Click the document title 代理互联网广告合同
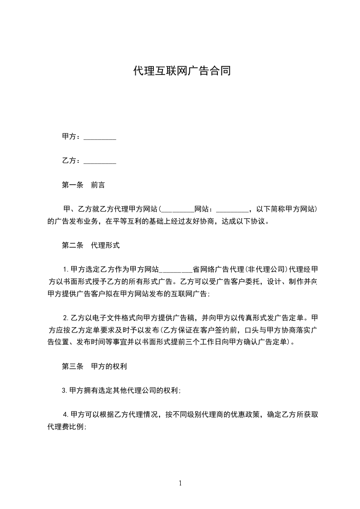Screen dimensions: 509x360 (x=182, y=71)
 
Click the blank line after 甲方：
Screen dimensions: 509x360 (x=100, y=137)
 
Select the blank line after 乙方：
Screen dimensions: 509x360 (x=100, y=161)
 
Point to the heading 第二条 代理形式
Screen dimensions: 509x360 (x=90, y=245)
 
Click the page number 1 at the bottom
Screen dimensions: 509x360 (x=180, y=483)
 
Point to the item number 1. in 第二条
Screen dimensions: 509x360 (x=66, y=269)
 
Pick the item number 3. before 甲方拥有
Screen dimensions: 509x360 (x=65, y=390)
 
